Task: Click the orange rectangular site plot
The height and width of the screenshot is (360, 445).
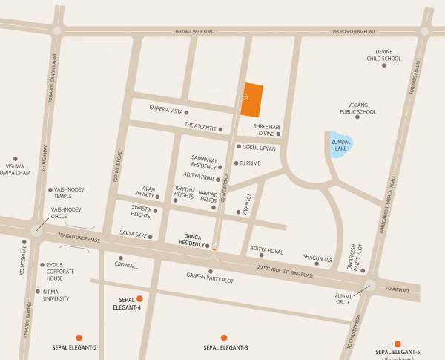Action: coord(251,100)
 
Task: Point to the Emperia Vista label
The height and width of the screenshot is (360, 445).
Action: coord(165,111)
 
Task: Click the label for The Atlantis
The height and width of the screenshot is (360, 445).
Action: coord(200,125)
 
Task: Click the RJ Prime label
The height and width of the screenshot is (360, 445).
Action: coord(250,163)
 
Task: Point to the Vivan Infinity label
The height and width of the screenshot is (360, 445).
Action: coord(142,192)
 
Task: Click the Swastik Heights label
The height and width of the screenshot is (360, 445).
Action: coord(140,211)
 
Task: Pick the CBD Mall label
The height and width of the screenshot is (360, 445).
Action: coord(126,264)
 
